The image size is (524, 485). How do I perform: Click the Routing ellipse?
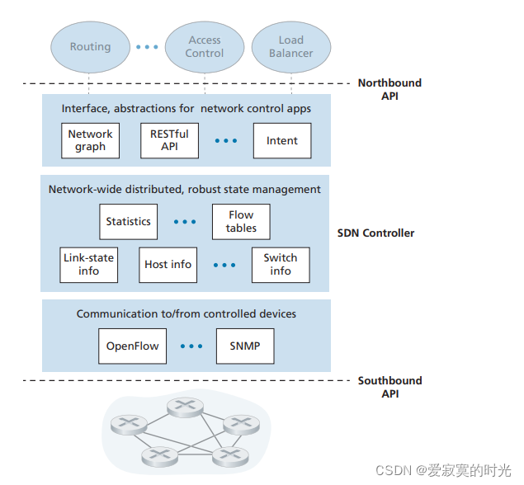pyautogui.click(x=90, y=47)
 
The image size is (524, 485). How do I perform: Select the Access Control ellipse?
pyautogui.click(x=204, y=46)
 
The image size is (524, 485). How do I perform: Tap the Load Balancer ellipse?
pyautogui.click(x=290, y=46)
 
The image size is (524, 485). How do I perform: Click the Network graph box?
pyautogui.click(x=90, y=140)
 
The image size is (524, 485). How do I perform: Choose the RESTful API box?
pyautogui.click(x=169, y=140)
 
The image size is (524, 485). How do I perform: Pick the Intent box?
pyautogui.click(x=281, y=141)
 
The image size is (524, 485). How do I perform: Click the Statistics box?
pyautogui.click(x=128, y=221)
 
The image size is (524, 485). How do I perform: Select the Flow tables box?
pyautogui.click(x=241, y=221)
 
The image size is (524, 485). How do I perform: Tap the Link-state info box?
pyautogui.click(x=88, y=264)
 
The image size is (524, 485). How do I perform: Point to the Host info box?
pyautogui.click(x=168, y=264)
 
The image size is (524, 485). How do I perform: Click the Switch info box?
pyautogui.click(x=281, y=264)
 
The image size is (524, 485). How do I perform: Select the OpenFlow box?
pyautogui.click(x=132, y=346)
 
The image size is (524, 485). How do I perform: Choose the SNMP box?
pyautogui.click(x=244, y=346)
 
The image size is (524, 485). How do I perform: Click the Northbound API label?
pyautogui.click(x=389, y=89)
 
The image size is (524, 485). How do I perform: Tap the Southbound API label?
pyautogui.click(x=389, y=387)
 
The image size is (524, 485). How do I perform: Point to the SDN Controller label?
pyautogui.click(x=375, y=233)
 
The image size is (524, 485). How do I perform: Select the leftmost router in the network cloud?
pyautogui.click(x=127, y=424)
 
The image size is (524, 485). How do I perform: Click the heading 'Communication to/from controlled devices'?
pyautogui.click(x=186, y=314)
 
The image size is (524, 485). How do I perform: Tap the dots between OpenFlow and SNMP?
pyautogui.click(x=191, y=346)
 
